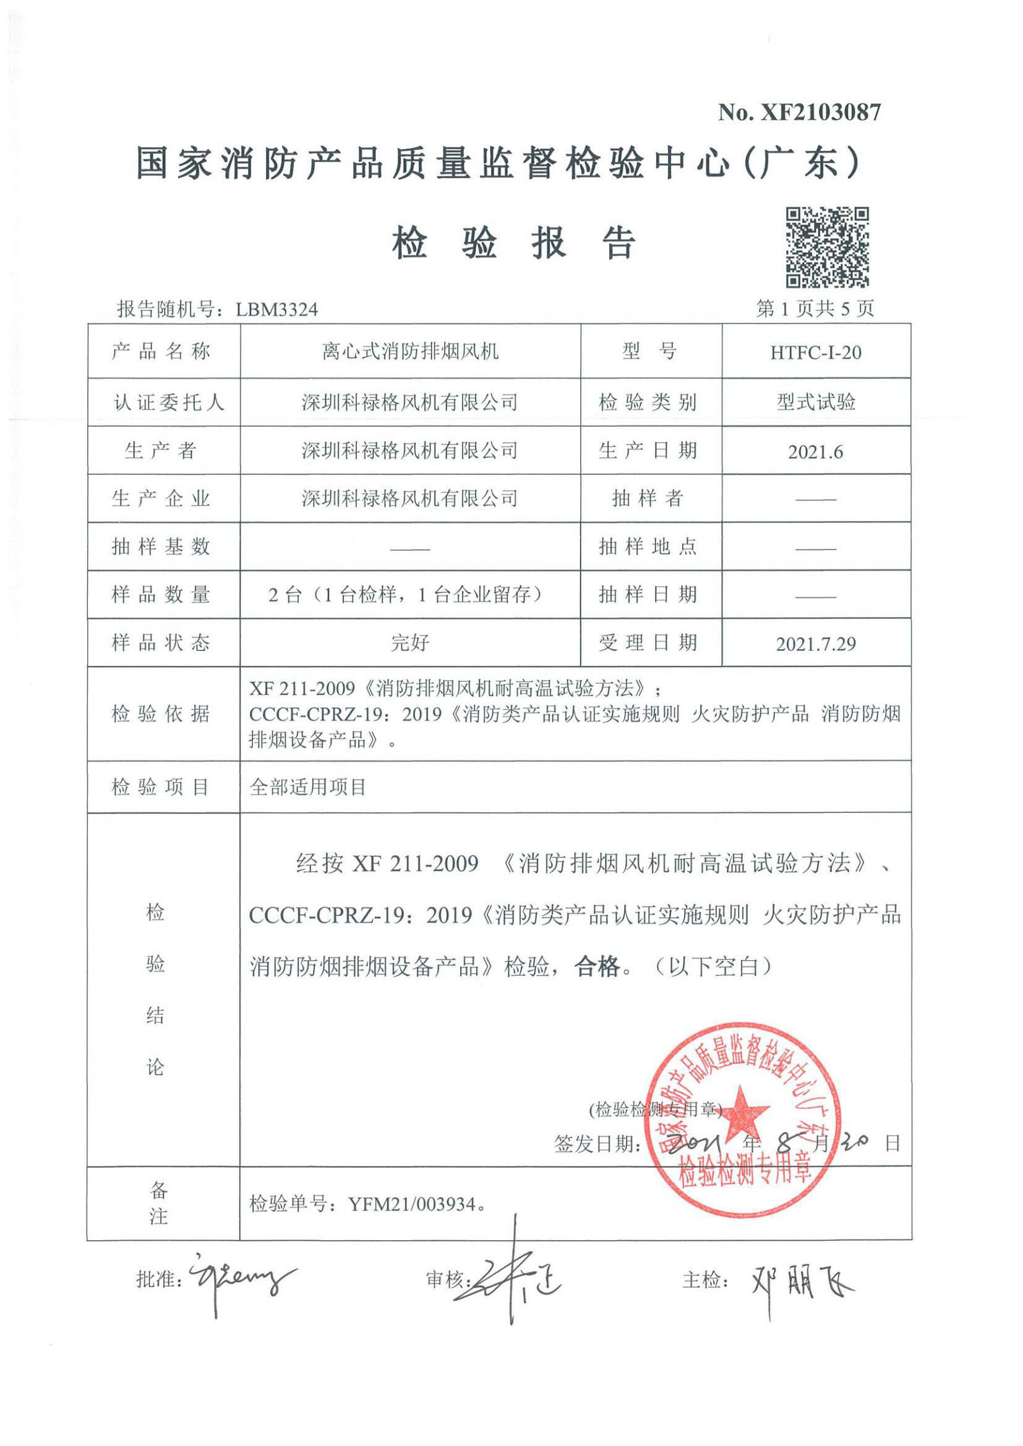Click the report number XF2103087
(821, 112)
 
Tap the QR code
(827, 247)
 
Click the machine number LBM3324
(277, 309)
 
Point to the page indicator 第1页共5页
(815, 308)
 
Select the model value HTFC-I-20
(815, 352)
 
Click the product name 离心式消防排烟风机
(410, 351)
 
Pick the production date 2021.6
(815, 451)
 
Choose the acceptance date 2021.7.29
(815, 644)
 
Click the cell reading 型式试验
(815, 402)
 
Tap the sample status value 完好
(410, 643)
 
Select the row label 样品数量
(161, 595)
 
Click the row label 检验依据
(161, 713)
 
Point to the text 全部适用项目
(308, 786)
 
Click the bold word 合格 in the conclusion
(597, 966)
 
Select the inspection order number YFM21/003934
(413, 1204)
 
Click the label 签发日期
(596, 1144)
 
